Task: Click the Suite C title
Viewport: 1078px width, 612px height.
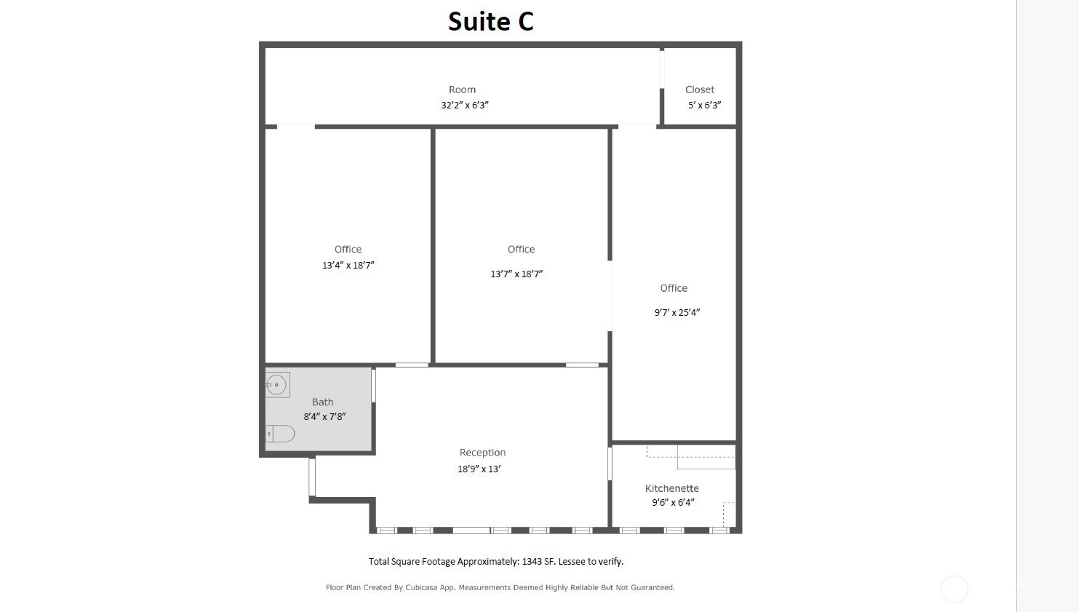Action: point(491,22)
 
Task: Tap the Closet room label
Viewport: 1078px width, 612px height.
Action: point(699,90)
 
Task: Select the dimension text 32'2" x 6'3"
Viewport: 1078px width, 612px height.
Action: point(464,105)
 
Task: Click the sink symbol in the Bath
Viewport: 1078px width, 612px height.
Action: point(277,385)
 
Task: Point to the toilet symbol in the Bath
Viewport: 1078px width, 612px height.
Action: point(280,434)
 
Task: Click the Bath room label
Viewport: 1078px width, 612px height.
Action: point(322,402)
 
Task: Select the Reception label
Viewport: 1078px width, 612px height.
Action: point(482,453)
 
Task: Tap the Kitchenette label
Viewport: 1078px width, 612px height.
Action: point(672,488)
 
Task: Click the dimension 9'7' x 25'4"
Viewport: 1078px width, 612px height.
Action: point(676,312)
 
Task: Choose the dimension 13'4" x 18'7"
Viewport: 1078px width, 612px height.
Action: point(348,266)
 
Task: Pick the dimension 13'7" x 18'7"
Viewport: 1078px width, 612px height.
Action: point(516,274)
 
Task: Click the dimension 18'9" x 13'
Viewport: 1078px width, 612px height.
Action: point(479,469)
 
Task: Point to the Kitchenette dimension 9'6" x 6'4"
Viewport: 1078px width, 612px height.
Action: point(673,503)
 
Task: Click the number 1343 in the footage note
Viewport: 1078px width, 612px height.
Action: point(532,562)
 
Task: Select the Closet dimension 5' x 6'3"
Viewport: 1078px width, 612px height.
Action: point(704,105)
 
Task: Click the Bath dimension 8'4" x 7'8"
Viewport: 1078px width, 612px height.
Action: point(324,416)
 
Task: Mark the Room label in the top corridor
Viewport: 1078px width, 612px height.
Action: point(462,90)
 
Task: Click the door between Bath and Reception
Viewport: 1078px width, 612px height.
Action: point(373,385)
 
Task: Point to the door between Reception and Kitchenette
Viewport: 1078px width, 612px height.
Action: point(610,464)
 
